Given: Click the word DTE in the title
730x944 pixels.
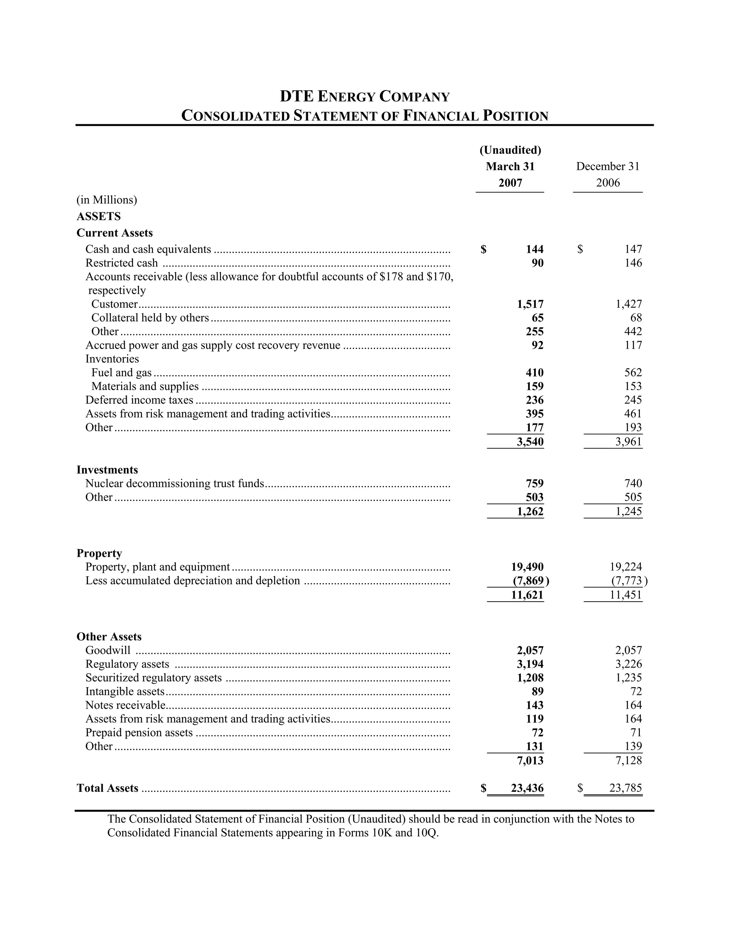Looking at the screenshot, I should pos(296,96).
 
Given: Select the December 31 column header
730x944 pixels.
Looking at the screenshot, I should pos(608,166).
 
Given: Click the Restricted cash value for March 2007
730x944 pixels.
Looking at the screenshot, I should pos(537,263).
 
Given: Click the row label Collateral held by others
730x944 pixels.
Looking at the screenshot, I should pos(150,318).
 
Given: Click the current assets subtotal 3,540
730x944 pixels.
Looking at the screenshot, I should pos(530,442).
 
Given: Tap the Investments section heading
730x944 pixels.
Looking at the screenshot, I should pos(107,470).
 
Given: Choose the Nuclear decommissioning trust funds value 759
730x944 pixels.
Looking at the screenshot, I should pos(535,483).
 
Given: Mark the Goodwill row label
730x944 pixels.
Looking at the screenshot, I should pos(108,650).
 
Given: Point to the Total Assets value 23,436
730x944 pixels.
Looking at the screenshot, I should pos(527,788).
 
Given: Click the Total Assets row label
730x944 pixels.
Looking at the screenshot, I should pos(107,788).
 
